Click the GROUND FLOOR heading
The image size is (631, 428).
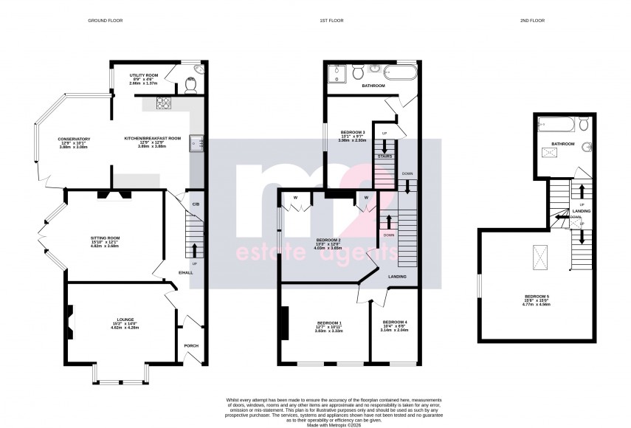105,21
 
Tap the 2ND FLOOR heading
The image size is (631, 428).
531,21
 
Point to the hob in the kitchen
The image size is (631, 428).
163,105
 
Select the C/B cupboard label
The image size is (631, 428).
196,204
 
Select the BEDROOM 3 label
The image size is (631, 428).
353,132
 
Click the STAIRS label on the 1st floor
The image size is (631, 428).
384,156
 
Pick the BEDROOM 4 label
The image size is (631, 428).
394,322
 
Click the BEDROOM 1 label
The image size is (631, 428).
329,322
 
